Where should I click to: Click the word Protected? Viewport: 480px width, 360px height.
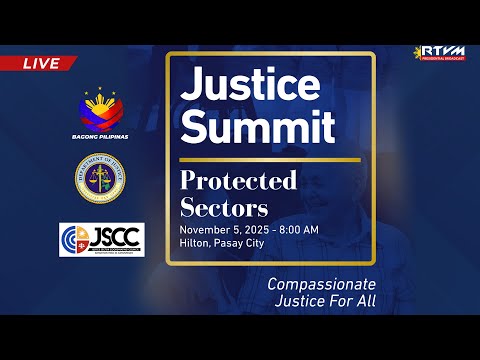[239, 181]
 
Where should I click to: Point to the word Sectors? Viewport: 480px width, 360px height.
[225, 207]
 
